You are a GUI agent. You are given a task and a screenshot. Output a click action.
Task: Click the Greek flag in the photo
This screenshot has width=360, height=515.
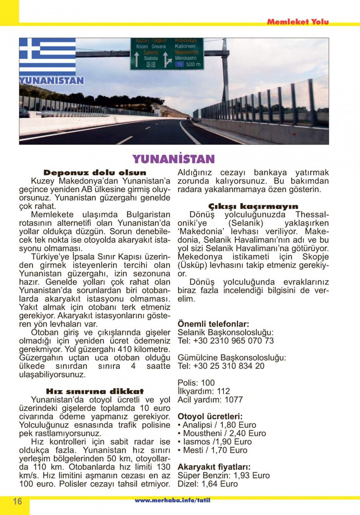(x=47, y=56)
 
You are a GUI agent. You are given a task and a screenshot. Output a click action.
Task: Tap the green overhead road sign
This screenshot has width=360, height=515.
(x=167, y=53)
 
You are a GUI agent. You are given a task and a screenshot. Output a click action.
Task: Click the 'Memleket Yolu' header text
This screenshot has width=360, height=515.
(x=298, y=22)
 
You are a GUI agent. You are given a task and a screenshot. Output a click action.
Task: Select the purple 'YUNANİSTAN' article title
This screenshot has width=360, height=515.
(x=173, y=159)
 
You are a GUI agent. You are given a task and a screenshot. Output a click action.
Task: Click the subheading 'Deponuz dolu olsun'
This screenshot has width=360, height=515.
(x=95, y=173)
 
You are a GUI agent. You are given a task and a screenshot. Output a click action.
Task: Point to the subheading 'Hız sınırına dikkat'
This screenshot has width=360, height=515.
(x=95, y=391)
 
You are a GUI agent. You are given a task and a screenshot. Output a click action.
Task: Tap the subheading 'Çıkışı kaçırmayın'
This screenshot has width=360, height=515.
(x=253, y=206)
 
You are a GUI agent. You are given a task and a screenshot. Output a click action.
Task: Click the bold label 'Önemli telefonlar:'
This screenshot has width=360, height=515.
(x=213, y=324)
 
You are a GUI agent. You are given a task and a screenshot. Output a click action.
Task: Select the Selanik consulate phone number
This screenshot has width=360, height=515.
(x=226, y=341)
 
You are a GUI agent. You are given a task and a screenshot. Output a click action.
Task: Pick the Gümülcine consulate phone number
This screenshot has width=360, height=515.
(x=221, y=366)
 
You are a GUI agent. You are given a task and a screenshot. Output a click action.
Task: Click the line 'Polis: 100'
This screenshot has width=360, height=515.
(x=196, y=383)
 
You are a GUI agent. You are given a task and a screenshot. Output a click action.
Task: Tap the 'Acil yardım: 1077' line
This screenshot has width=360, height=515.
(x=210, y=400)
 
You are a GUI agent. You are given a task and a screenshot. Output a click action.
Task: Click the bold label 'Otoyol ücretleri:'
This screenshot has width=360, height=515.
(x=210, y=416)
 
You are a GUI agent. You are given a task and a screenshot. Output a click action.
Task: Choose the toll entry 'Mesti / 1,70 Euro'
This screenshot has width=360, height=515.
(x=215, y=450)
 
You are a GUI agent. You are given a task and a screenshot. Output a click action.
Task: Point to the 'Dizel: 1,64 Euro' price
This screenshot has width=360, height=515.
(x=208, y=484)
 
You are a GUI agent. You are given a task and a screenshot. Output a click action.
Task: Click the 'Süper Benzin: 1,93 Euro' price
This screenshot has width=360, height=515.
(x=224, y=476)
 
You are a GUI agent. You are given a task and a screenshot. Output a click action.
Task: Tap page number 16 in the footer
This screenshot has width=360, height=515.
(x=17, y=501)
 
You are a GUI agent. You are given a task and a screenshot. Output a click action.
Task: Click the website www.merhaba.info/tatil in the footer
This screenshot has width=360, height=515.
(x=172, y=501)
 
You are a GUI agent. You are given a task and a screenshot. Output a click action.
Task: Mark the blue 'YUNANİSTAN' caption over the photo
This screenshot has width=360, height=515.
(x=52, y=80)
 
